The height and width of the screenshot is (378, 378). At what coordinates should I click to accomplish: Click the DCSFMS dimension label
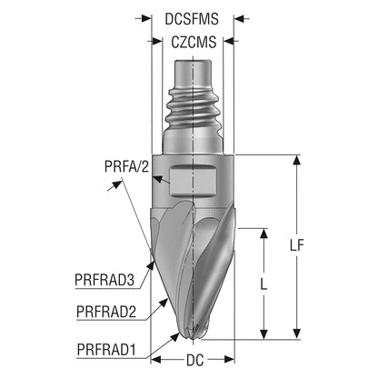192,19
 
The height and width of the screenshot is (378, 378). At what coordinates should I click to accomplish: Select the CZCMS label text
194,42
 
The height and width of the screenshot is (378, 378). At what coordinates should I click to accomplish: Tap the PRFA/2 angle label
127,166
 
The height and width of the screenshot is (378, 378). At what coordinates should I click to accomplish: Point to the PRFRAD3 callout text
104,280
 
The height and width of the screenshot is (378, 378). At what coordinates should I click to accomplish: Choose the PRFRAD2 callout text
106,312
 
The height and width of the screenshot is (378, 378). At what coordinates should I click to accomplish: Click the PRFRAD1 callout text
106,350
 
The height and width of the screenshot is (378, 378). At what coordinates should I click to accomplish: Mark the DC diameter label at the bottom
194,360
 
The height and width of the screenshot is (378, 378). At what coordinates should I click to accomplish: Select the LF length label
296,245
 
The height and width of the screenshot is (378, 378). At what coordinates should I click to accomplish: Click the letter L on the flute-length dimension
264,283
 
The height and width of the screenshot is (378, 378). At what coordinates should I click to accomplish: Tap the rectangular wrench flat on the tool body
194,181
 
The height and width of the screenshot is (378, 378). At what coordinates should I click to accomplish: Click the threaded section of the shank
193,106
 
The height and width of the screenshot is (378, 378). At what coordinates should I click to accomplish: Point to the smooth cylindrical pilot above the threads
193,73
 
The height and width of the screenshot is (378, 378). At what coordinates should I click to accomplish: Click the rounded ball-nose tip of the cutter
194,332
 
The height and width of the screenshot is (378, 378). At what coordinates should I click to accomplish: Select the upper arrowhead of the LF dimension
296,160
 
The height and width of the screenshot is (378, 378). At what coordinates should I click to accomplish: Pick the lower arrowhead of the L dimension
264,334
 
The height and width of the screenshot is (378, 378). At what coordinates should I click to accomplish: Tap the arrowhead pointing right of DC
229,360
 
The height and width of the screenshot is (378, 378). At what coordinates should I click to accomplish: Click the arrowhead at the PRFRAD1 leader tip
174,336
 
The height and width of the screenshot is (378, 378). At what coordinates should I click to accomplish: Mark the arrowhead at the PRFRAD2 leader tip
164,303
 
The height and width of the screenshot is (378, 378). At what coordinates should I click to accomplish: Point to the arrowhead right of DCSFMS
239,19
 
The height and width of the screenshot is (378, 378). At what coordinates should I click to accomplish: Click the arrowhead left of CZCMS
157,41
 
